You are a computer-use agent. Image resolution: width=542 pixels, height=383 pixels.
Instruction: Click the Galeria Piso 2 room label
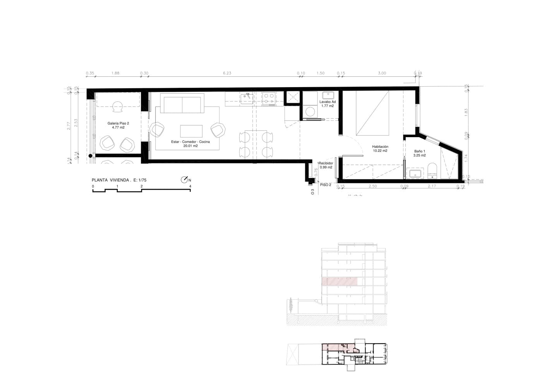[118, 123]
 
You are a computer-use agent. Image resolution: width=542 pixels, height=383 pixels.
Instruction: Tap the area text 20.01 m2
[190, 146]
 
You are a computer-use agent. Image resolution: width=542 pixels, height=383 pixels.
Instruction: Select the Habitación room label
[380, 147]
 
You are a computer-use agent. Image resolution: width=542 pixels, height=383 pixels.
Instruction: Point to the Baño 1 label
[419, 151]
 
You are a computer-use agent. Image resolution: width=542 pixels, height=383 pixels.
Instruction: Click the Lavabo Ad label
[328, 102]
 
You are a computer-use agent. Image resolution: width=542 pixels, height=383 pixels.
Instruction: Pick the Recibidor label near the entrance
[326, 163]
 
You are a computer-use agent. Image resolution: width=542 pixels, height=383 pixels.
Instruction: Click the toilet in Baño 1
[432, 171]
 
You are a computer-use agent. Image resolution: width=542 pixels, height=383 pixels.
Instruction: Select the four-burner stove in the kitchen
[269, 98]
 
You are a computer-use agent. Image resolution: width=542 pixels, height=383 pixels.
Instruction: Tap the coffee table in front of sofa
[191, 131]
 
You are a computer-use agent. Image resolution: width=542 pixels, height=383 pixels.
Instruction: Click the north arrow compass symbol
[184, 180]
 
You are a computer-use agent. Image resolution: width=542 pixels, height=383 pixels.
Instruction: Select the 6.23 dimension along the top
[227, 73]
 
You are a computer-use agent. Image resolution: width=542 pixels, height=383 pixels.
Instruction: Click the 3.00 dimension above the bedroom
[382, 73]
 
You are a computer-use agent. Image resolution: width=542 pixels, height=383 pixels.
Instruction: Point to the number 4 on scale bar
[190, 186]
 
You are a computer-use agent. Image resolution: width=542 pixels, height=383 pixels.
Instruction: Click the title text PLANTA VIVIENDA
[110, 180]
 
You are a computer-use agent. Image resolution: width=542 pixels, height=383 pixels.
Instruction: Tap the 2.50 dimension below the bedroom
[372, 186]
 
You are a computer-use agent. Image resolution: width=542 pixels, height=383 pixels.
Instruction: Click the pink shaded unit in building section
[340, 282]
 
